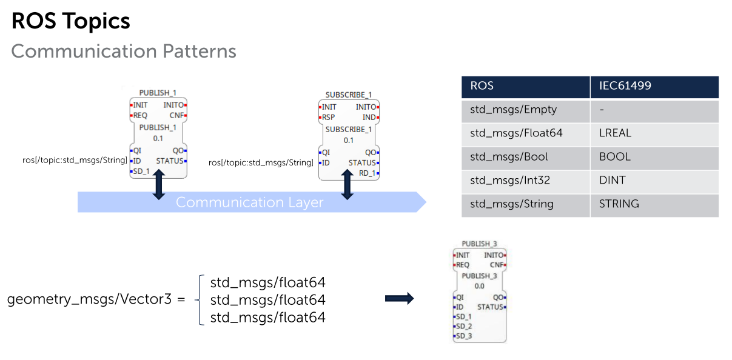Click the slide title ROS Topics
[70, 21]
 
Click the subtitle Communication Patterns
[124, 52]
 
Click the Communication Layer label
[250, 202]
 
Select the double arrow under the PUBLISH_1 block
[159, 185]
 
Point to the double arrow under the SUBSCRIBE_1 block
[347, 185]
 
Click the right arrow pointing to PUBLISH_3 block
[399, 298]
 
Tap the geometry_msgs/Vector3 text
[89, 299]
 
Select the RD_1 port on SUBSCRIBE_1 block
[369, 173]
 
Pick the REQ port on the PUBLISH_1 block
[139, 115]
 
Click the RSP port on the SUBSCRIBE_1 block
[327, 118]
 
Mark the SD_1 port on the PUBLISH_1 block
[141, 171]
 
